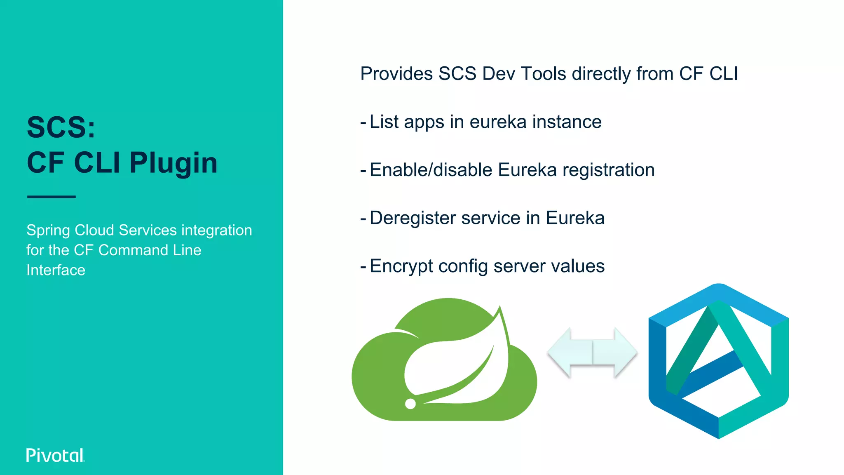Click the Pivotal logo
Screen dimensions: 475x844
pyautogui.click(x=55, y=455)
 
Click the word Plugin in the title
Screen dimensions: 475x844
pyautogui.click(x=173, y=162)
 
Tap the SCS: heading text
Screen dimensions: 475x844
pyautogui.click(x=61, y=127)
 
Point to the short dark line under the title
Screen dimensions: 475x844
pyautogui.click(x=52, y=197)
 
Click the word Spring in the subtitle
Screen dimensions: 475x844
pyautogui.click(x=48, y=230)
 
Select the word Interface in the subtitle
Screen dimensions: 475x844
pyautogui.click(x=56, y=270)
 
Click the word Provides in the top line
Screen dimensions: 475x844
pyautogui.click(x=396, y=74)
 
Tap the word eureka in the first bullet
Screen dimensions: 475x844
pyautogui.click(x=498, y=122)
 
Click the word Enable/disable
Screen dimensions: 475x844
pyautogui.click(x=431, y=170)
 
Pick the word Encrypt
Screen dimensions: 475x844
pyautogui.click(x=401, y=266)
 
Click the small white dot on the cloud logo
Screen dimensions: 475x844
pyautogui.click(x=410, y=404)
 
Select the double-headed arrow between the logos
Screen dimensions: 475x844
pyautogui.click(x=592, y=353)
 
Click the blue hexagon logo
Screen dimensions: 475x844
pyautogui.click(x=718, y=361)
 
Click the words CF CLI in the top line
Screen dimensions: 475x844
pyautogui.click(x=708, y=74)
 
